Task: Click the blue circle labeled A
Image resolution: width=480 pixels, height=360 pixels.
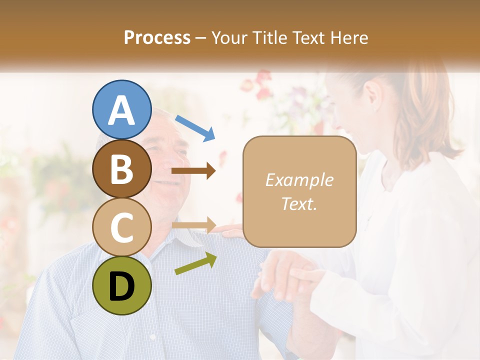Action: click(122, 109)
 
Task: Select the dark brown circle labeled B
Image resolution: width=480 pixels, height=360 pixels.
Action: click(122, 168)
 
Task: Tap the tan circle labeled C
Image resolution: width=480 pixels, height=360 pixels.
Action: click(122, 227)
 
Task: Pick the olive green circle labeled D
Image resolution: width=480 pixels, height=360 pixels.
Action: click(122, 285)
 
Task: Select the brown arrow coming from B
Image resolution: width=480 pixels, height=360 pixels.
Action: click(193, 171)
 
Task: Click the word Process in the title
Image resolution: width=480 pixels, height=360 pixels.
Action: click(157, 37)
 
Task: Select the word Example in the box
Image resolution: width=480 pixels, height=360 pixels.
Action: click(299, 180)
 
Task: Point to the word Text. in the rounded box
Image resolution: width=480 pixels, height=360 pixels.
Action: click(299, 203)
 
